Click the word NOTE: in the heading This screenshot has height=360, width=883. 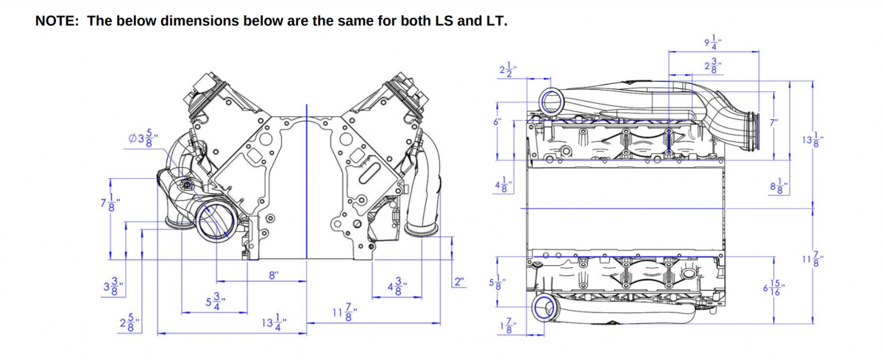click(57, 20)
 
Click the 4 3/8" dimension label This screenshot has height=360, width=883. click(396, 286)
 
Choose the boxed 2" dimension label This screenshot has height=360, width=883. click(460, 282)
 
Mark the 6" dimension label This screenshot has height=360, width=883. click(498, 122)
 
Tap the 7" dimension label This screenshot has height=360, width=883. click(773, 122)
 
